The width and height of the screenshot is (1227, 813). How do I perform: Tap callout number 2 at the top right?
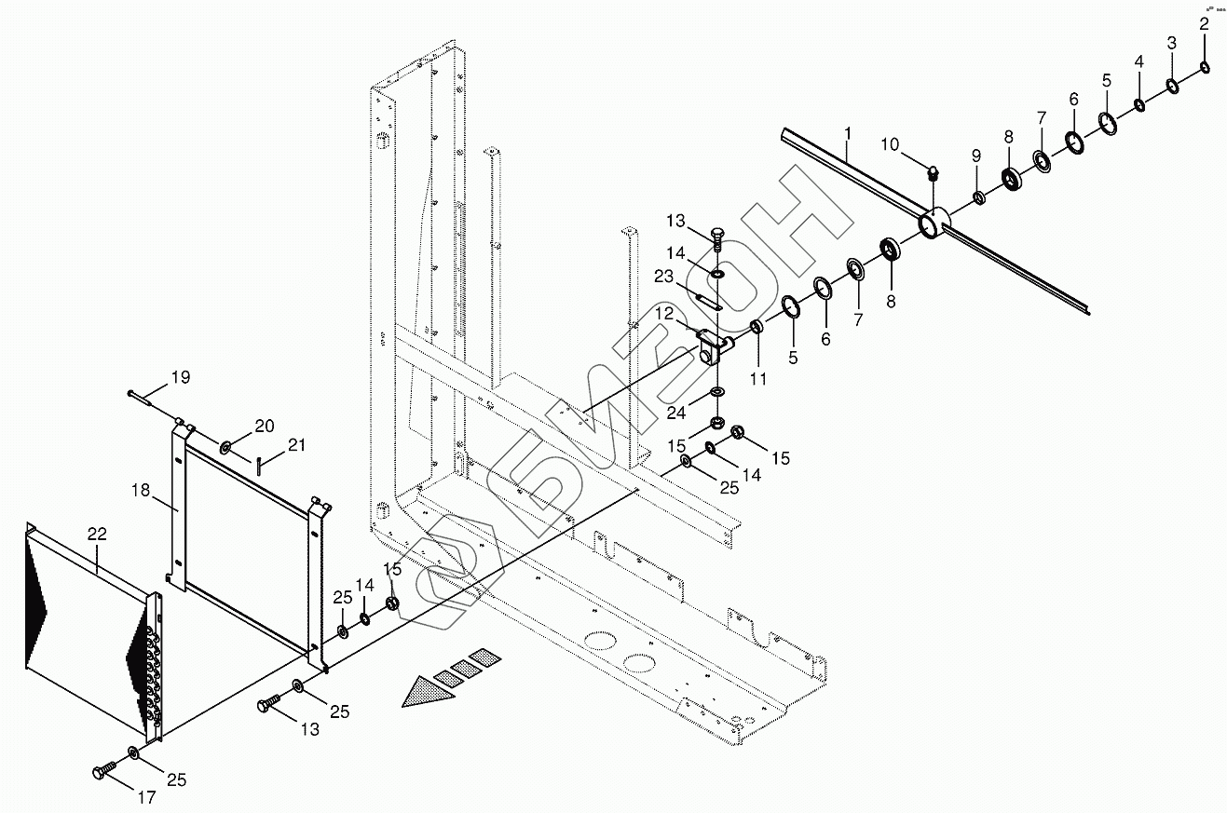[x=1204, y=25]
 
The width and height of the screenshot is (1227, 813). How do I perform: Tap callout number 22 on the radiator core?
[x=97, y=534]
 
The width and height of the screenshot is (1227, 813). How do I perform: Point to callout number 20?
[x=265, y=426]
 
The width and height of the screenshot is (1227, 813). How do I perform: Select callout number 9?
[x=975, y=155]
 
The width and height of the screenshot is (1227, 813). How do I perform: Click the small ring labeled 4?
[x=1138, y=104]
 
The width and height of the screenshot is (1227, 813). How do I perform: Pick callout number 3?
[x=1171, y=44]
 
